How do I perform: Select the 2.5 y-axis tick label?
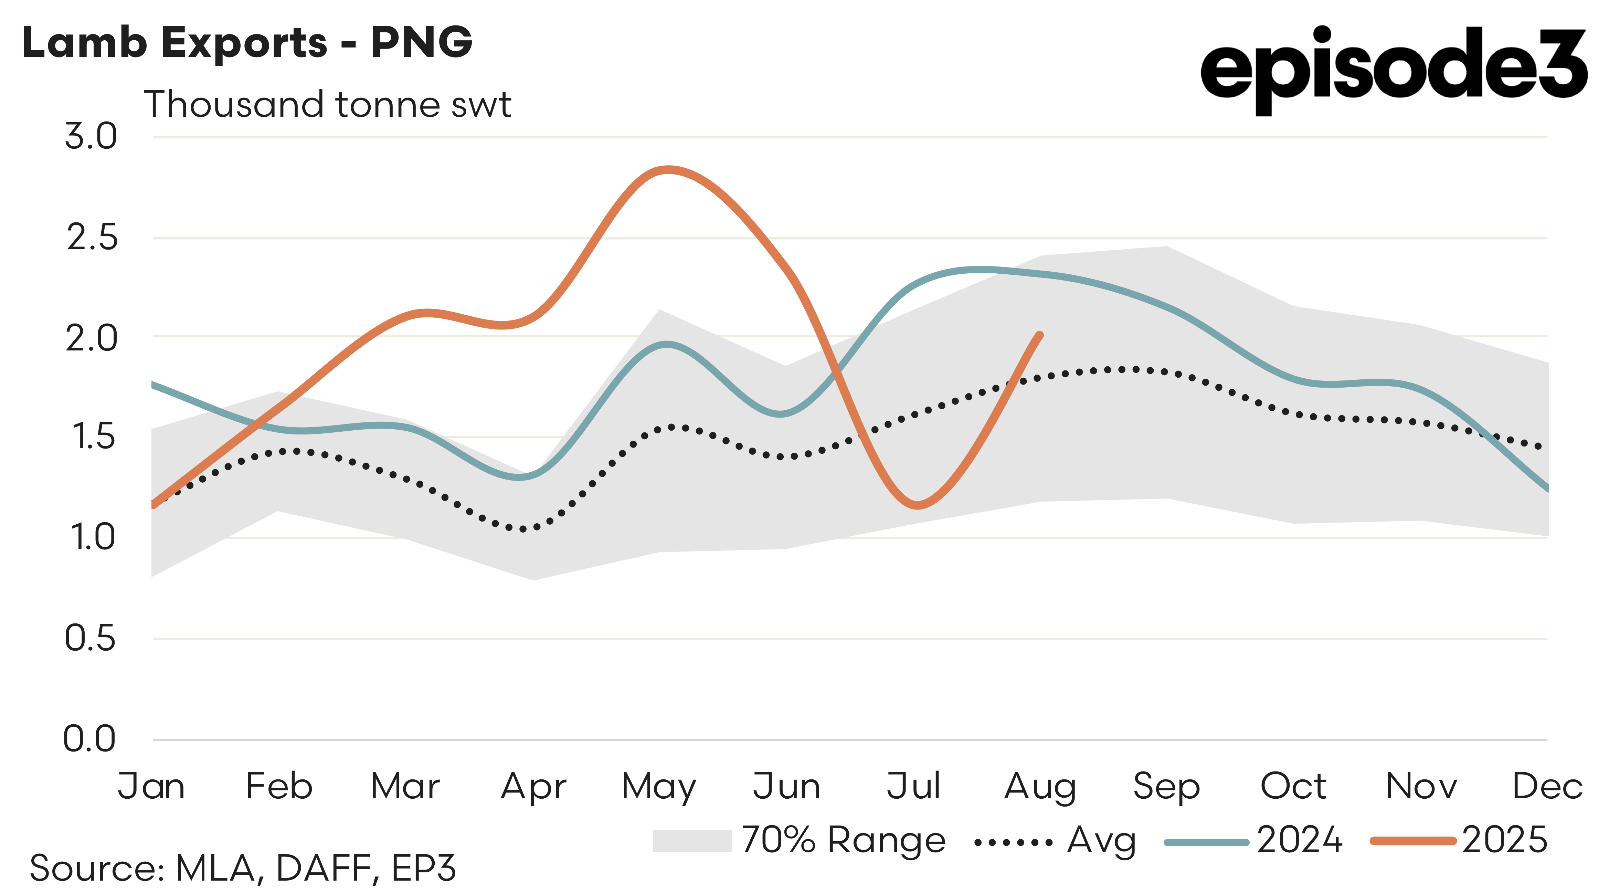tap(92, 238)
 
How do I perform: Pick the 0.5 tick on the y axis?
tap(91, 639)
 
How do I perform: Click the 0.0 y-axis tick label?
tap(90, 739)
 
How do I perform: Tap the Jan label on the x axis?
tap(152, 786)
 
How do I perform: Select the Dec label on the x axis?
tap(1547, 786)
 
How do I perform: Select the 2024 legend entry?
tap(1252, 841)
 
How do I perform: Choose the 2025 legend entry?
tap(1459, 841)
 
